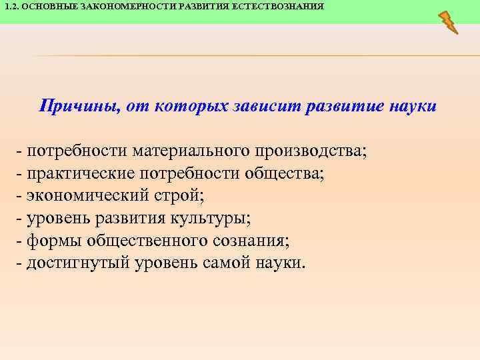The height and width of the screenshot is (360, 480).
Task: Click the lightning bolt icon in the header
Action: pyautogui.click(x=448, y=21)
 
